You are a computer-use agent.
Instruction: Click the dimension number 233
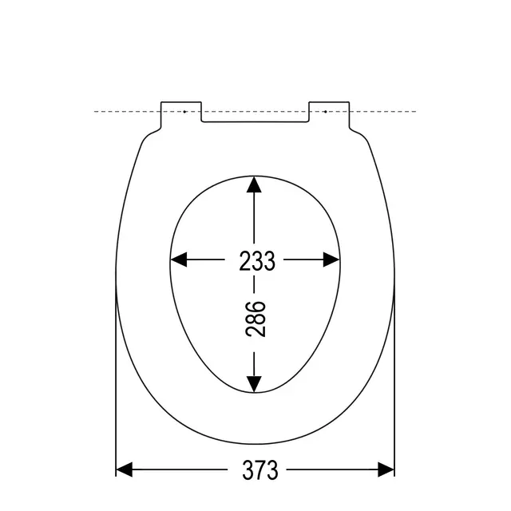[257, 261]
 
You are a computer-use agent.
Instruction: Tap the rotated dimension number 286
[255, 319]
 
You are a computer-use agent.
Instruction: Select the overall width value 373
[260, 469]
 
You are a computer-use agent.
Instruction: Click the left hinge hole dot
[184, 112]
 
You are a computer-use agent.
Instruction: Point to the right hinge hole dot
[326, 112]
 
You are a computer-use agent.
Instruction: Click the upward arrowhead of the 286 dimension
[254, 184]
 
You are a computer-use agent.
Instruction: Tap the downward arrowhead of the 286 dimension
[254, 384]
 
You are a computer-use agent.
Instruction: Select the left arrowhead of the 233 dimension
[179, 259]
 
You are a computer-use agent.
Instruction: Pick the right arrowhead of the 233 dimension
[331, 259]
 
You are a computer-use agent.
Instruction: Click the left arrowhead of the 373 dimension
[125, 469]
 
